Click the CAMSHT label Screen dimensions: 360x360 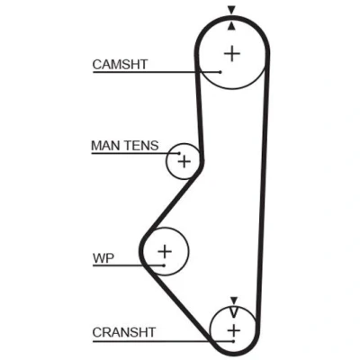(120, 65)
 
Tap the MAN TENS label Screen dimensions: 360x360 (125, 146)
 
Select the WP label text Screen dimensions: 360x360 (103, 258)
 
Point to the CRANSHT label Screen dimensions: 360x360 (124, 332)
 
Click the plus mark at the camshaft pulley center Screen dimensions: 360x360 (232, 54)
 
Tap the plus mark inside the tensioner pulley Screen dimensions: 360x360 (184, 162)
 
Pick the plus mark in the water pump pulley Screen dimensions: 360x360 (165, 251)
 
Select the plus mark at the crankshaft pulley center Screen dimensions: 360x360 (234, 330)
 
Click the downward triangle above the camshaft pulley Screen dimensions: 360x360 (231, 10)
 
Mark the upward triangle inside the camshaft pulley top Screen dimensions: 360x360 (231, 26)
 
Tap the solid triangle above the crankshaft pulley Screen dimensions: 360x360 (234, 301)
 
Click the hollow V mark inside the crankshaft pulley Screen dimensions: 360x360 (234, 312)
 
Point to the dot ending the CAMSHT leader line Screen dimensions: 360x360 (220, 72)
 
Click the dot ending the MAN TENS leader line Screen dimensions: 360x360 (179, 153)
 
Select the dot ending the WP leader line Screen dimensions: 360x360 (164, 265)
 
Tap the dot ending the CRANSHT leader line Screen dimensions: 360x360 (233, 341)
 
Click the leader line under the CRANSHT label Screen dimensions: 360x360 (163, 341)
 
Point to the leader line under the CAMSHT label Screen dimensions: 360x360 (157, 72)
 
